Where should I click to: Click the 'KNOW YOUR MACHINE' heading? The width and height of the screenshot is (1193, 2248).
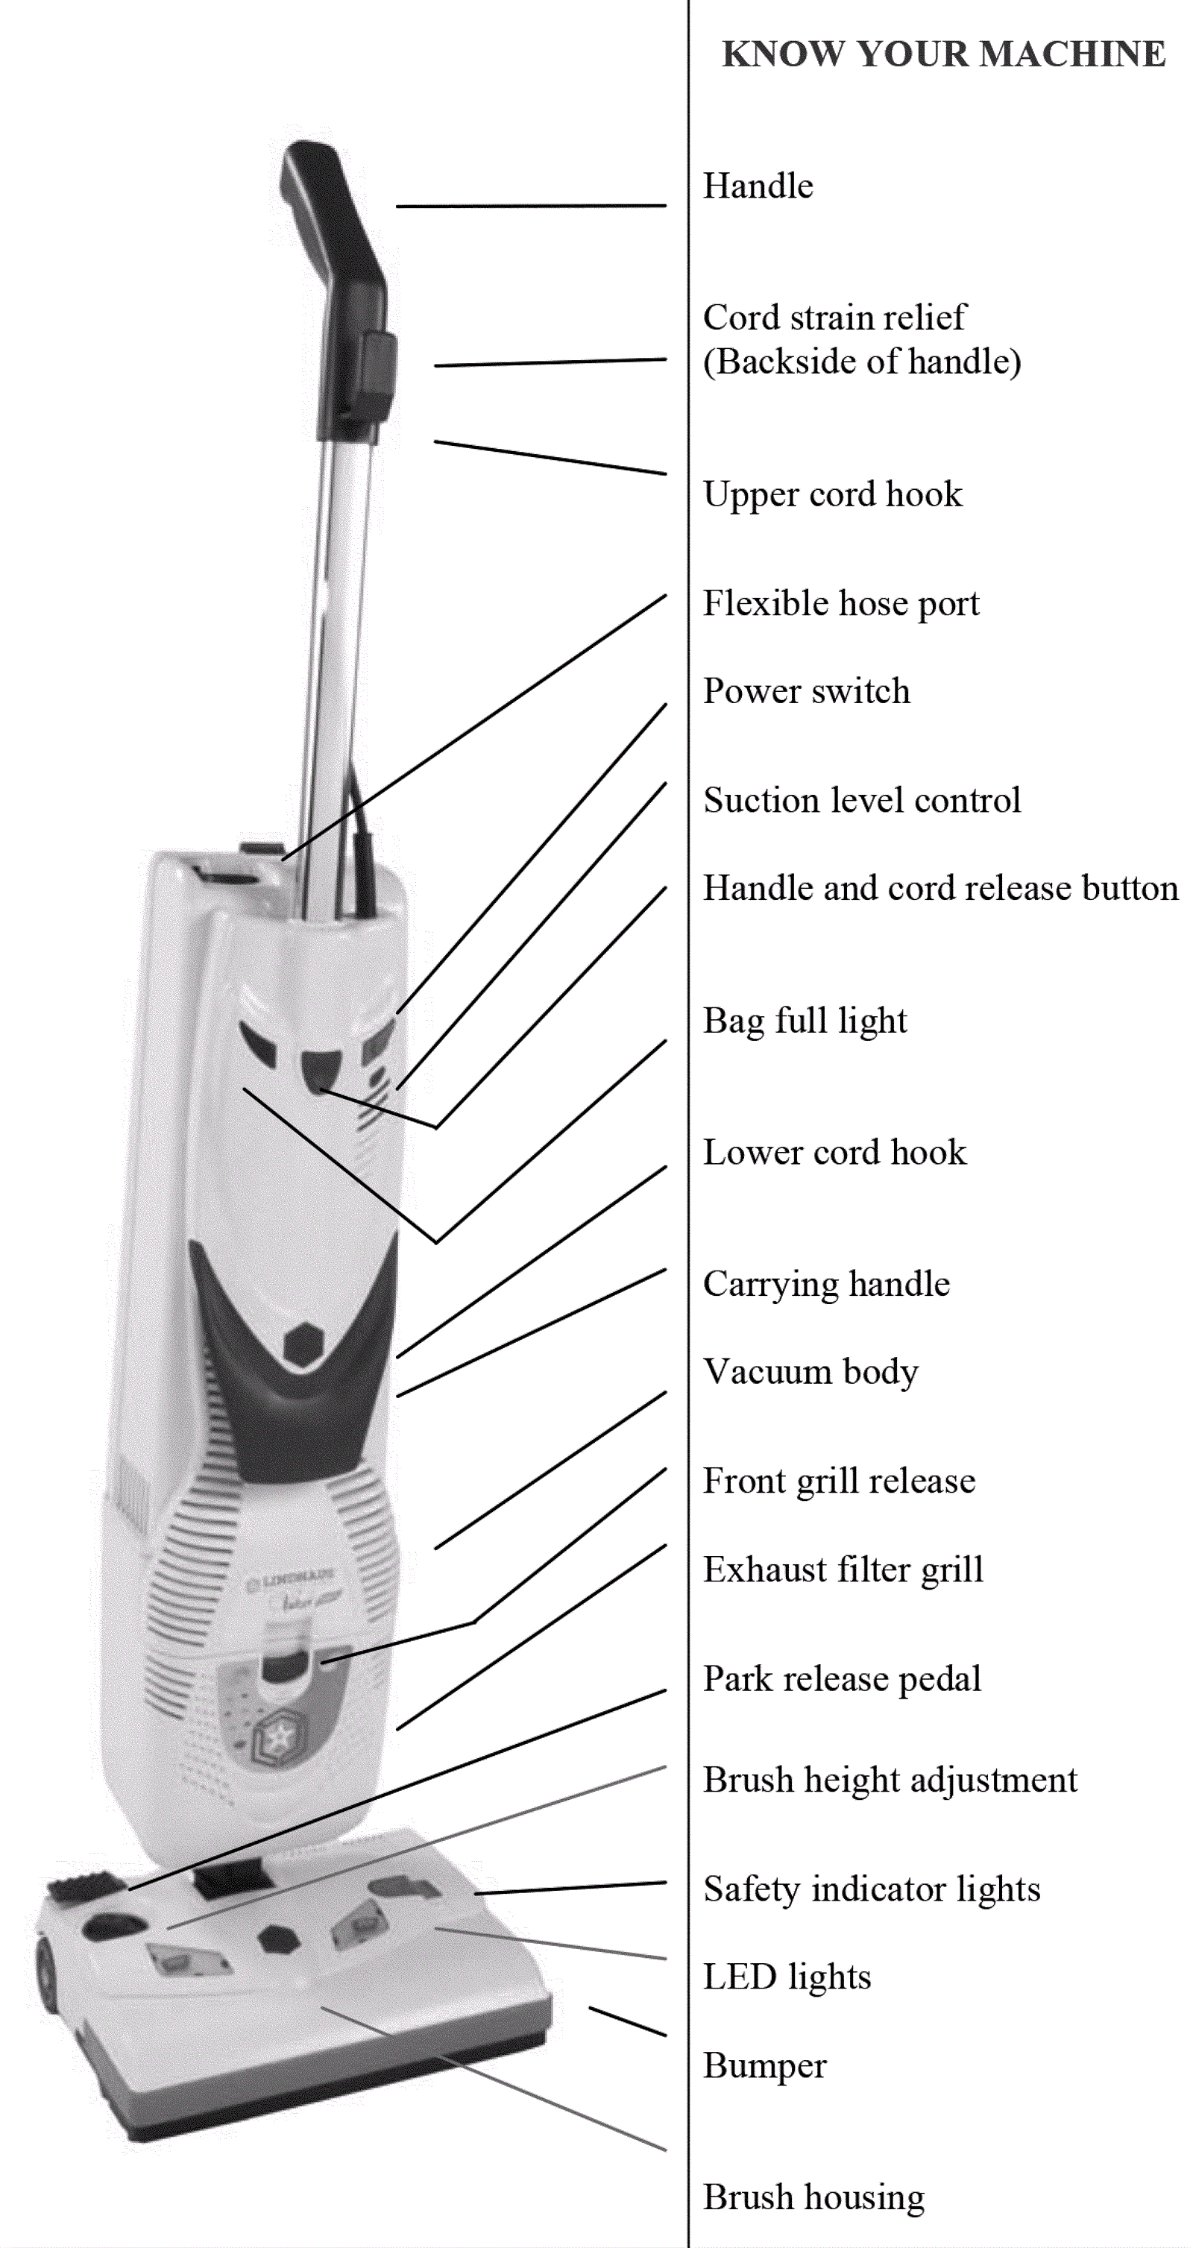(x=943, y=54)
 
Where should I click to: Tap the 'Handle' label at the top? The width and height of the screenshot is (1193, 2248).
(x=758, y=186)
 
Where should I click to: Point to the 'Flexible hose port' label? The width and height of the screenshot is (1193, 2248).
(x=840, y=603)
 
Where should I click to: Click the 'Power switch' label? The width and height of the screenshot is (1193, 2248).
(x=806, y=691)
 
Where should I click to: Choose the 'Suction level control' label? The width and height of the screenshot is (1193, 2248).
(x=861, y=800)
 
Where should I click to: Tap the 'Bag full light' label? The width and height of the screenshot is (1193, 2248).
(x=805, y=1020)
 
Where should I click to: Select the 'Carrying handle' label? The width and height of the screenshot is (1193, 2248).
(x=825, y=1284)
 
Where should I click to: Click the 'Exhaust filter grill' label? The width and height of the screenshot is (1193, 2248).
(x=843, y=1569)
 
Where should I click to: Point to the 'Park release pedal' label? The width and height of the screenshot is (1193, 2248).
(x=842, y=1678)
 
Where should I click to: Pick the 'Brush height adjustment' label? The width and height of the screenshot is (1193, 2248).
(x=890, y=1781)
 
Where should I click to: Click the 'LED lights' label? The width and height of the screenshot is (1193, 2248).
(x=787, y=1977)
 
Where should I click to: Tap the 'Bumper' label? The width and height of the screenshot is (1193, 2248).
(x=764, y=2065)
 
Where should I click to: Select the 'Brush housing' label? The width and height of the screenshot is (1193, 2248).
(x=813, y=2197)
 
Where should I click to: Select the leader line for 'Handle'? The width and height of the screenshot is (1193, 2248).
(x=531, y=206)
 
